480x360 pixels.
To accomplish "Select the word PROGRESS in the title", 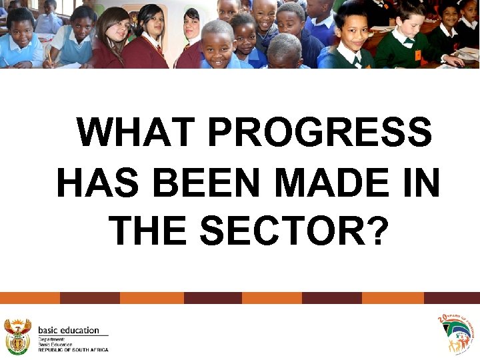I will [320, 132].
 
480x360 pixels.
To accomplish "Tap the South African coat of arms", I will [18, 335].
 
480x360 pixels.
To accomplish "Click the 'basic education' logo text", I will [69, 330].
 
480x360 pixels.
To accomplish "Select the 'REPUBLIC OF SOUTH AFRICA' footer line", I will [73, 349].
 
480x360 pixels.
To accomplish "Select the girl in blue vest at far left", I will [20, 40].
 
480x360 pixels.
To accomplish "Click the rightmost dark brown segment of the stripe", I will [452, 298].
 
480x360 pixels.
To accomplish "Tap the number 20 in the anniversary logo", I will [441, 319].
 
